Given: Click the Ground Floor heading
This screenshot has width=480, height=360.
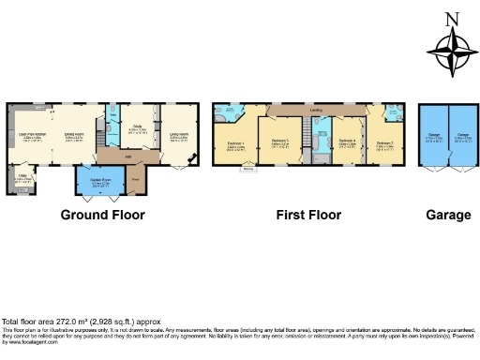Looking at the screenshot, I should point(103,215).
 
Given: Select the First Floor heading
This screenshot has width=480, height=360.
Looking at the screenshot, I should point(307,215).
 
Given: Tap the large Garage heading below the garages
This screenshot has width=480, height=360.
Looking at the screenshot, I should point(447,215).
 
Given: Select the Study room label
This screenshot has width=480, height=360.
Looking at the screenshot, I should point(136,130).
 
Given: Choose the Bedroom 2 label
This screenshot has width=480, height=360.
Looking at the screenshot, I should point(384,142).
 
